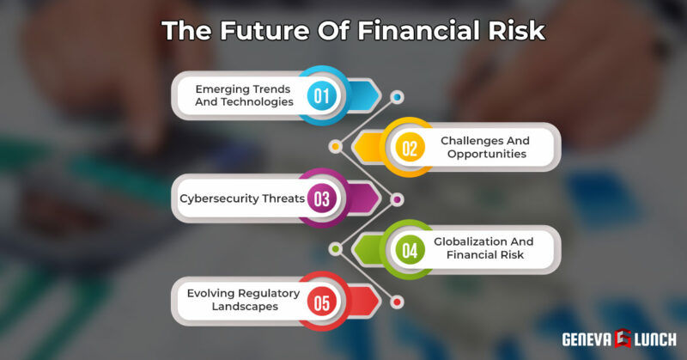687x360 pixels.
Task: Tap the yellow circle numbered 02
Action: (410, 147)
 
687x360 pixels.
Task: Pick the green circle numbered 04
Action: (410, 250)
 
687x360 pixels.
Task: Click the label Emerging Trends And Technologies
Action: (243, 95)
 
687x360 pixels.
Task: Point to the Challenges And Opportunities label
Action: (485, 147)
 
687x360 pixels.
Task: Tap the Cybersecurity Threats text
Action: (242, 198)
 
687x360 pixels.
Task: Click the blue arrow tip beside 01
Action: (371, 95)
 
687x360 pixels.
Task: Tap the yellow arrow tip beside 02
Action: (361, 147)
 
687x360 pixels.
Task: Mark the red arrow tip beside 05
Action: (371, 302)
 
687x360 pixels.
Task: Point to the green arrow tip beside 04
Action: (361, 250)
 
